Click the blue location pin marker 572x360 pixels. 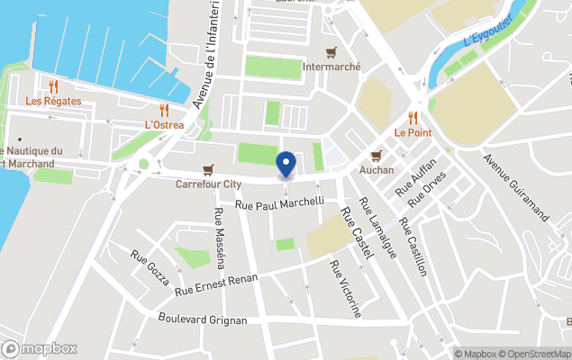[x=286, y=165]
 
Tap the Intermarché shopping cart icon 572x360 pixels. [x=332, y=52]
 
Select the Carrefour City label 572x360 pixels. [x=208, y=184]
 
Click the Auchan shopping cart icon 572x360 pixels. [x=377, y=155]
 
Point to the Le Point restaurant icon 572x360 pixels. [x=413, y=117]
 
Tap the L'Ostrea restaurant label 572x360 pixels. [x=164, y=124]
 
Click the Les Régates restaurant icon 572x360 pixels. [x=53, y=86]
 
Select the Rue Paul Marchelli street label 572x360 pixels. [x=279, y=203]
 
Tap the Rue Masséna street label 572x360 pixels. [x=219, y=238]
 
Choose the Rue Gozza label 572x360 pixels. [x=150, y=267]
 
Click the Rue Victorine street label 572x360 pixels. [x=345, y=289]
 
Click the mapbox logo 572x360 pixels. [x=40, y=348]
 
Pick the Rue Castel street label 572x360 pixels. [x=356, y=235]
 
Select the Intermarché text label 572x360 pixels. [x=332, y=67]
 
